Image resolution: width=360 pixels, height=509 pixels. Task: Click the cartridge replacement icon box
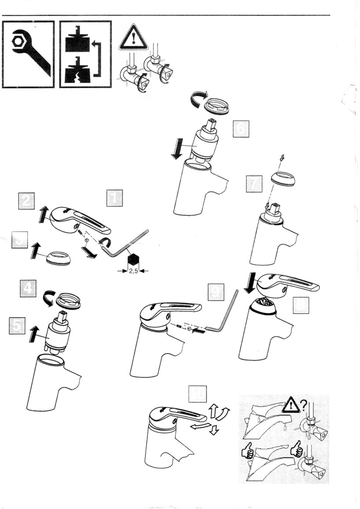click(x=85, y=54)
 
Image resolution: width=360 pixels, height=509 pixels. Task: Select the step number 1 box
click(x=115, y=199)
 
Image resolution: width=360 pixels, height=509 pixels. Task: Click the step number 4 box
click(x=28, y=289)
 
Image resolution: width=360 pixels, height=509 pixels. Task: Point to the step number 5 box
click(x=17, y=326)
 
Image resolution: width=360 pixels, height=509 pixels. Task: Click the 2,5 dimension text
click(x=133, y=271)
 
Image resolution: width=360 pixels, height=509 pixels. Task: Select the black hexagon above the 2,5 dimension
click(x=133, y=260)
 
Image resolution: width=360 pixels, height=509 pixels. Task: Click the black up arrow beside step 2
click(x=43, y=216)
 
